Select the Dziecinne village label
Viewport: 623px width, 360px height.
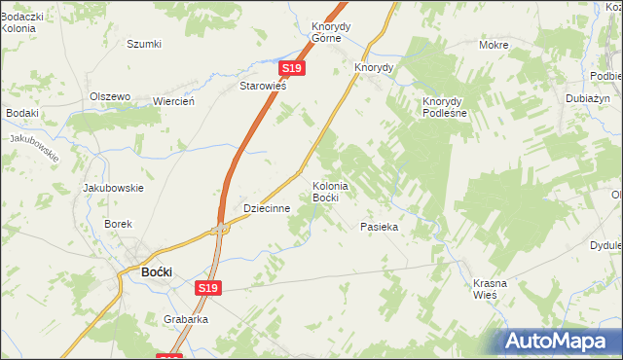(268, 208)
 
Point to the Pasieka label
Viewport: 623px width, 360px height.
(380, 226)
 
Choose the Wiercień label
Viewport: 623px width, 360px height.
(175, 101)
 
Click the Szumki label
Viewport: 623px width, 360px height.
(144, 44)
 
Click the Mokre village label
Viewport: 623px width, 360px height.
(495, 45)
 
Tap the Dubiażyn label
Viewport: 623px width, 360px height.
(588, 98)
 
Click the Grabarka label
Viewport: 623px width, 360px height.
(187, 317)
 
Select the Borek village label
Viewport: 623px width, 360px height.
(118, 224)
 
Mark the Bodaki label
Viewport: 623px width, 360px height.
(21, 113)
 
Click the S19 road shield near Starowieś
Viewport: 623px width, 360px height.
(293, 69)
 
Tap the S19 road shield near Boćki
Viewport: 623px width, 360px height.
(207, 288)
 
